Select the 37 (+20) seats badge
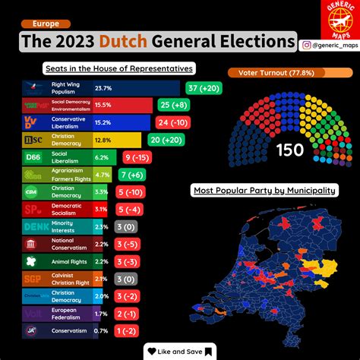[204, 88]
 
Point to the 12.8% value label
[103, 140]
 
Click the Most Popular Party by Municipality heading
[263, 191]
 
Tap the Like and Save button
[180, 351]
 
